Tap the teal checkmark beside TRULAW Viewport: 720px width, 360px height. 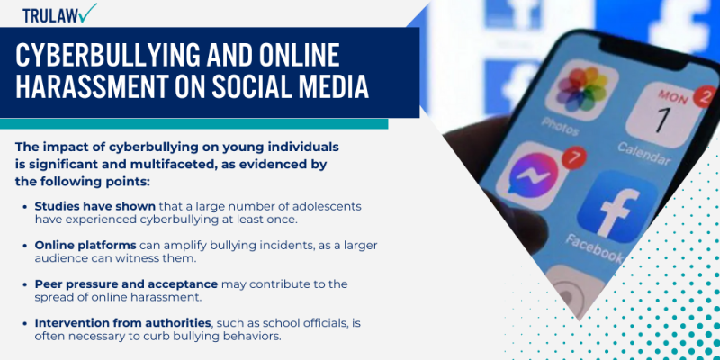[x=88, y=13]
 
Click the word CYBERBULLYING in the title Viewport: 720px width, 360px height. [x=122, y=56]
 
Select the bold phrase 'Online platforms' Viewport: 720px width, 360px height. [x=85, y=245]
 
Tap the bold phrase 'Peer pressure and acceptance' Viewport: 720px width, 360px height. [x=125, y=283]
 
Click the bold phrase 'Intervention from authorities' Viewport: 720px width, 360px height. [x=121, y=322]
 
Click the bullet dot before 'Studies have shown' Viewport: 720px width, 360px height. [x=23, y=207]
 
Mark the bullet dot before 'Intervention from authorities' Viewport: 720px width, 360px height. [x=23, y=323]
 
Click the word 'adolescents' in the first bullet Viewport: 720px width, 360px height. [x=330, y=206]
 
